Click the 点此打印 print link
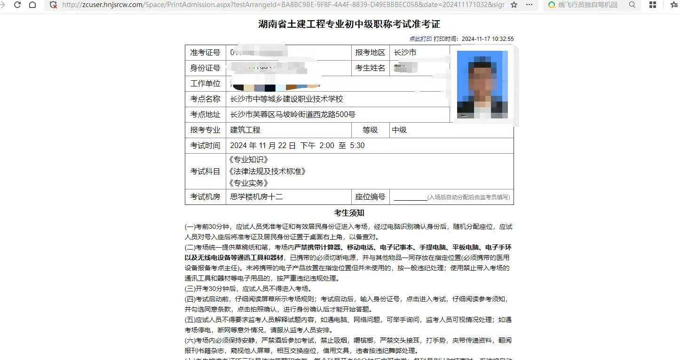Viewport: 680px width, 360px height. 420,39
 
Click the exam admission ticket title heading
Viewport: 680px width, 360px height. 349,24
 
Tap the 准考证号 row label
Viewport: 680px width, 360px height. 205,53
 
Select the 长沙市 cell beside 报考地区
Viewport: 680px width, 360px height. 405,53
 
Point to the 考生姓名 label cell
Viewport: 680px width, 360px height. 370,68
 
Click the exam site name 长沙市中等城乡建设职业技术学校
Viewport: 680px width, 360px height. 287,99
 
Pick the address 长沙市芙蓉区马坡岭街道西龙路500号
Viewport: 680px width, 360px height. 293,115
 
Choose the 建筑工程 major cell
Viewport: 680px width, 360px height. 245,130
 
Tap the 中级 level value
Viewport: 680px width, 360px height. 399,130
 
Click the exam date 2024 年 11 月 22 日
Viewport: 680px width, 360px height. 263,146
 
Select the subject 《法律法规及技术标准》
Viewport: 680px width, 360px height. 267,172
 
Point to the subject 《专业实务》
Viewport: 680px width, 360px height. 248,183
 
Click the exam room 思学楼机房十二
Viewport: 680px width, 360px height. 256,197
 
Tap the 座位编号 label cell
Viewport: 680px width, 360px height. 370,197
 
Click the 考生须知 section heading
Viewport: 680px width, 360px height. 349,213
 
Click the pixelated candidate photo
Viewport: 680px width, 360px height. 482,84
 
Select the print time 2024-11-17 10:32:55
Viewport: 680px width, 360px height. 488,39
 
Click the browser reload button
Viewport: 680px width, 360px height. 17,5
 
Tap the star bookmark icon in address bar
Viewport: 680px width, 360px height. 514,5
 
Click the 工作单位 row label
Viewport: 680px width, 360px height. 205,84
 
